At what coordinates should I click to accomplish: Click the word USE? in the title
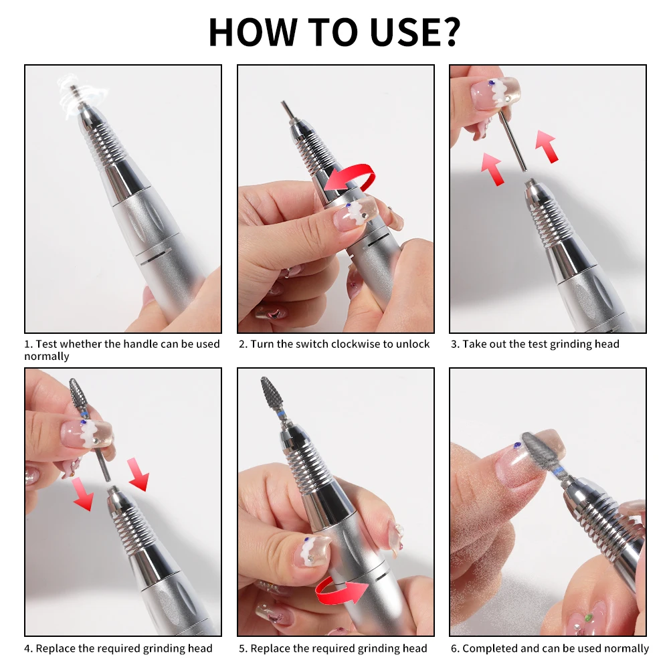point(415,31)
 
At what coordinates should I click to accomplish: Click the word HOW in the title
point(253,31)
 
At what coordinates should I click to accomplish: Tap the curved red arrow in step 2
point(351,176)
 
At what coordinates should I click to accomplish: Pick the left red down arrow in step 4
point(83,494)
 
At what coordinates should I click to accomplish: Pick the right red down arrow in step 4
point(138,474)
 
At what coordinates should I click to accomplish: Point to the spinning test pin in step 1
point(76,96)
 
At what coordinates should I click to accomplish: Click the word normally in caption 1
point(47,357)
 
